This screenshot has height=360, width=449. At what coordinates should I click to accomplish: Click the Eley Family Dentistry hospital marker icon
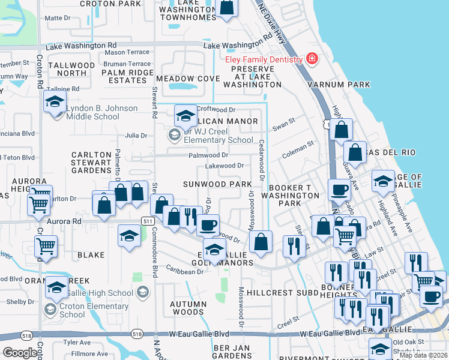312,59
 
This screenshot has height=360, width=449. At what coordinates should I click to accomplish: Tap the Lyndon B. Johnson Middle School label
101,112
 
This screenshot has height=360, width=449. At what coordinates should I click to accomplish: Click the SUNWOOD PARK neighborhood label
217,184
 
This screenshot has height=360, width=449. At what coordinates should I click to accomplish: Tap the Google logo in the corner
20,353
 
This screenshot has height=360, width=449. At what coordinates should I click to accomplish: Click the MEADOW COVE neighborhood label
188,79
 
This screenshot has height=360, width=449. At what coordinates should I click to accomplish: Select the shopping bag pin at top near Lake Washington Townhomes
227,7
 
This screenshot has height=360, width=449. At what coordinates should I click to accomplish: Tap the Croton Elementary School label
73,310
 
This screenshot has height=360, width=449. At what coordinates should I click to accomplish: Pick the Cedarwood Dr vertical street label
262,160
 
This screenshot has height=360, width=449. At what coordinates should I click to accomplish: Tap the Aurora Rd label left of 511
69,221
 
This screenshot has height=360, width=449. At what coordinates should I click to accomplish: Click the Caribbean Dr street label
185,271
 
